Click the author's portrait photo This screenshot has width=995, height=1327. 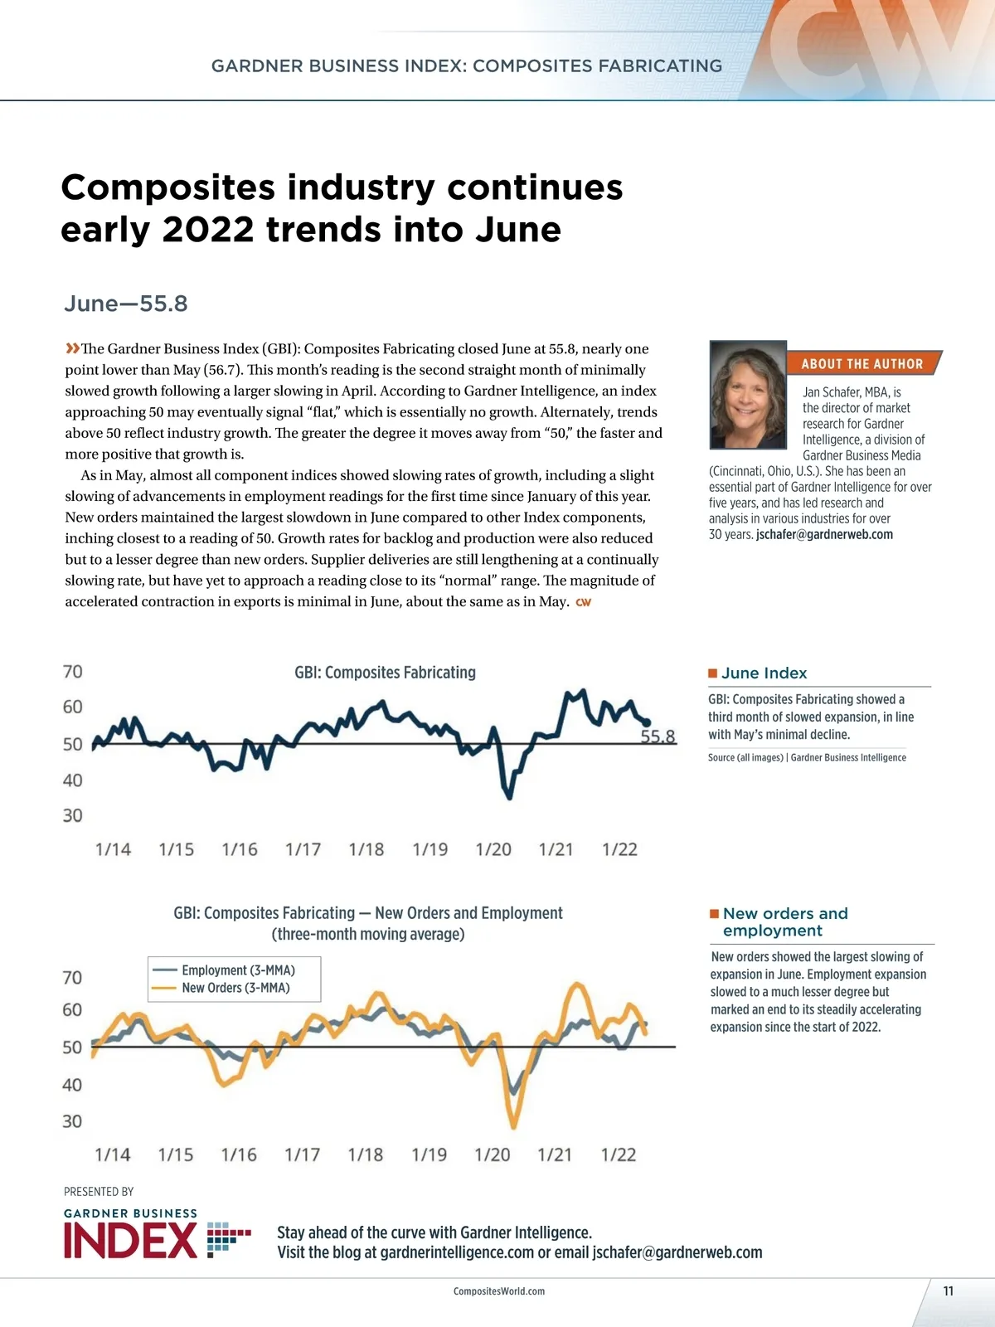pyautogui.click(x=748, y=395)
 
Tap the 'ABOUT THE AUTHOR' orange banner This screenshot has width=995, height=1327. pyautogui.click(x=862, y=363)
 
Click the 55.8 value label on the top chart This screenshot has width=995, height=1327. pyautogui.click(x=658, y=736)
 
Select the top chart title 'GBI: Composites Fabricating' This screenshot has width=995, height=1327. pyautogui.click(x=385, y=673)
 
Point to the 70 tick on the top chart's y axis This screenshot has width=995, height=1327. pyautogui.click(x=73, y=672)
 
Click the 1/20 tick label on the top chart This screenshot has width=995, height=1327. pyautogui.click(x=493, y=849)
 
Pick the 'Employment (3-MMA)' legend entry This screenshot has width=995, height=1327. pyautogui.click(x=238, y=970)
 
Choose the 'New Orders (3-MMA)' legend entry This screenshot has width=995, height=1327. pyautogui.click(x=235, y=988)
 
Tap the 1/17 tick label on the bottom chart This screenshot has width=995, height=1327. pyautogui.click(x=302, y=1154)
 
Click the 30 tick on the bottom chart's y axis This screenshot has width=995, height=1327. pyautogui.click(x=72, y=1121)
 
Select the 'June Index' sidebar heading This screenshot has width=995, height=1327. pyautogui.click(x=764, y=673)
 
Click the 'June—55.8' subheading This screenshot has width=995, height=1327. pyautogui.click(x=126, y=304)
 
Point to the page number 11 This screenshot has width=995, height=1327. pyautogui.click(x=949, y=1291)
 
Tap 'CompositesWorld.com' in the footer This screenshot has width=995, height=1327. pyautogui.click(x=499, y=1291)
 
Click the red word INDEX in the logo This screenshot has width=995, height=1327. pyautogui.click(x=130, y=1241)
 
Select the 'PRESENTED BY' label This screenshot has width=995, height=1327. pyautogui.click(x=99, y=1192)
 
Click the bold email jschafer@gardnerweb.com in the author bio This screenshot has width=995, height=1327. pyautogui.click(x=824, y=535)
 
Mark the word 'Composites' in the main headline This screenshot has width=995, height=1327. pyautogui.click(x=167, y=187)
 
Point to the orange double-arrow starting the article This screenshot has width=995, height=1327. pyautogui.click(x=72, y=348)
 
